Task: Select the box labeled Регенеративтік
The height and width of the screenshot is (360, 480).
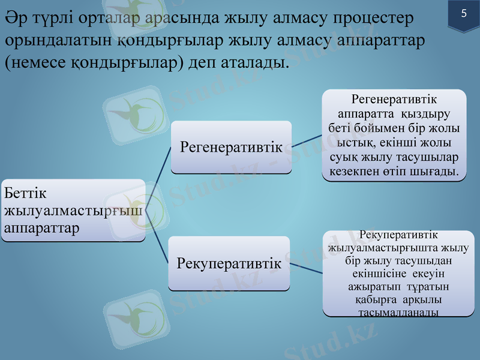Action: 231,147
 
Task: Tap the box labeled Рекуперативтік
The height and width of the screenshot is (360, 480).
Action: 229,263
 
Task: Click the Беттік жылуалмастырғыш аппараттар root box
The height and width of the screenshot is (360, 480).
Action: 73,210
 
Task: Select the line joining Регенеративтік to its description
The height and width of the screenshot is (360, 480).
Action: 307,142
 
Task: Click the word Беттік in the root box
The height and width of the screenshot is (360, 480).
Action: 25,193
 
